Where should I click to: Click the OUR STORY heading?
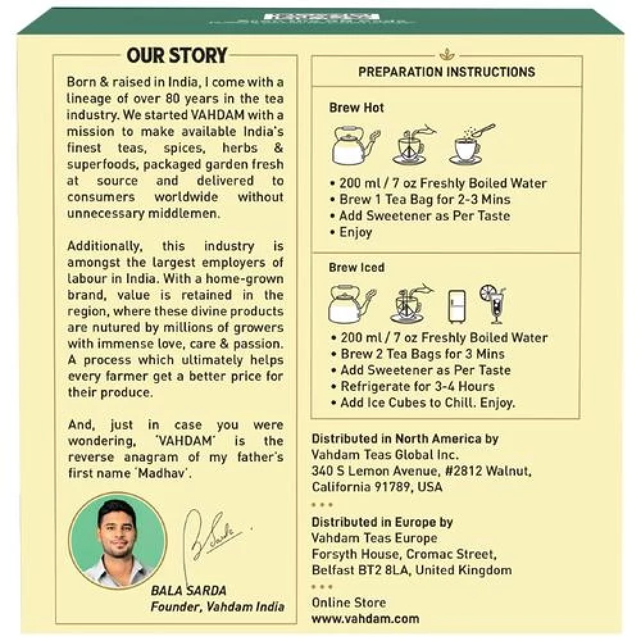(x=177, y=55)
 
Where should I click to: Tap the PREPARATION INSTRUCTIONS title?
(x=446, y=72)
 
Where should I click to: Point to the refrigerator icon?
(x=458, y=305)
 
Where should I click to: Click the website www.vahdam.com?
(x=365, y=619)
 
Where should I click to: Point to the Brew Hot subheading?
(x=356, y=108)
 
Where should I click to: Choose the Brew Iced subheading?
(x=356, y=267)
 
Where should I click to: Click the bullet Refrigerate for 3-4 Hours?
(x=417, y=387)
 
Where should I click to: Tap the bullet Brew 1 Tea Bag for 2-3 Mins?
(x=424, y=199)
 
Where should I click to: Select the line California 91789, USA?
(x=377, y=487)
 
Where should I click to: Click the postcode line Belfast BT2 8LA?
(x=412, y=570)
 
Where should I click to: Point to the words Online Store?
(x=349, y=603)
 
